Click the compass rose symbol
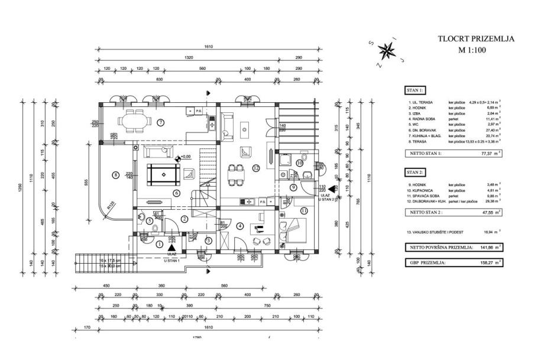tap(388, 51)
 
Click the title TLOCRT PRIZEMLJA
tap(475, 39)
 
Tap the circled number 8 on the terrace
tap(116, 174)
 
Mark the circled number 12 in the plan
tap(256, 168)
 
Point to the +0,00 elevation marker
tap(184, 157)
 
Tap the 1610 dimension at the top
tap(208, 47)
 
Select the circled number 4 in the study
tap(239, 225)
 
